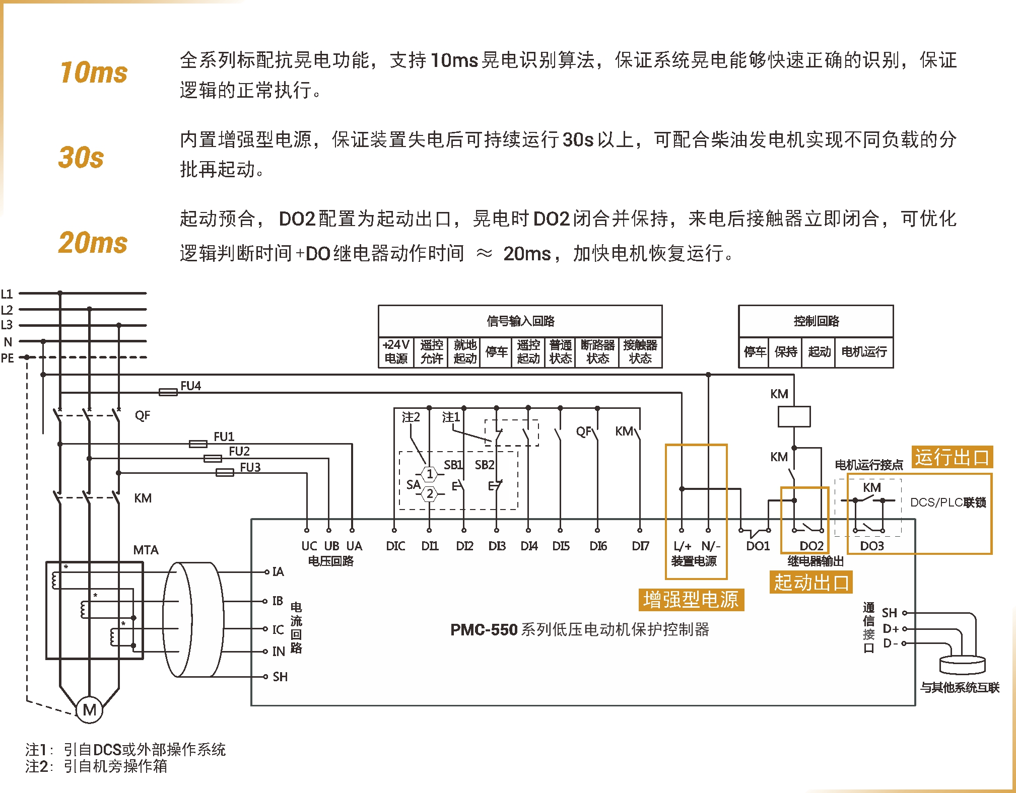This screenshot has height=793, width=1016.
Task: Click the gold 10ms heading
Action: point(94,73)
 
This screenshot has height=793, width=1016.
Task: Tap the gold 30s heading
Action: point(81,157)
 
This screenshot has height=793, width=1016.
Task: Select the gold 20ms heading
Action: point(93,243)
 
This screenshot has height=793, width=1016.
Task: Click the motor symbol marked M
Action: point(90,709)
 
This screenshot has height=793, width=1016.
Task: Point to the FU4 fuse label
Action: point(190,386)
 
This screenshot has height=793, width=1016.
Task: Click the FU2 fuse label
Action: point(239,451)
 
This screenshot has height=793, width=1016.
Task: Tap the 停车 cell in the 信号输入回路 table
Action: point(496,351)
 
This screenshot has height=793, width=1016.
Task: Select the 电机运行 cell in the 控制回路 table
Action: point(864,351)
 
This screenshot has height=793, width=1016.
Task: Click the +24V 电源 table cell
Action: point(396,351)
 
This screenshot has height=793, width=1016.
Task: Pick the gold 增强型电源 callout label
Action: point(691,600)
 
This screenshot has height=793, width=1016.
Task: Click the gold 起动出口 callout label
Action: point(811,582)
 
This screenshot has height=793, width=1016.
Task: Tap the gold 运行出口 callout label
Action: point(952,457)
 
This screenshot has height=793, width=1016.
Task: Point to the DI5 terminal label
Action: point(561,546)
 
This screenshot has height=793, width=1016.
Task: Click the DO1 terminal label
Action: point(758,546)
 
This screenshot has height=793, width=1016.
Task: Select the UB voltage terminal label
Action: point(331,546)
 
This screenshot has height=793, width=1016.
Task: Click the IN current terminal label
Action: point(279,652)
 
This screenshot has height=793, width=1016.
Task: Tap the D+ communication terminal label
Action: point(891,628)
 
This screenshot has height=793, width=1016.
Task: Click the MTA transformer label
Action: point(146,550)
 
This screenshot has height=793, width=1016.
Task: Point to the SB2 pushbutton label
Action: point(485,465)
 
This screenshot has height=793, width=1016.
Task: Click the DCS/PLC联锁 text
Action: point(948,502)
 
